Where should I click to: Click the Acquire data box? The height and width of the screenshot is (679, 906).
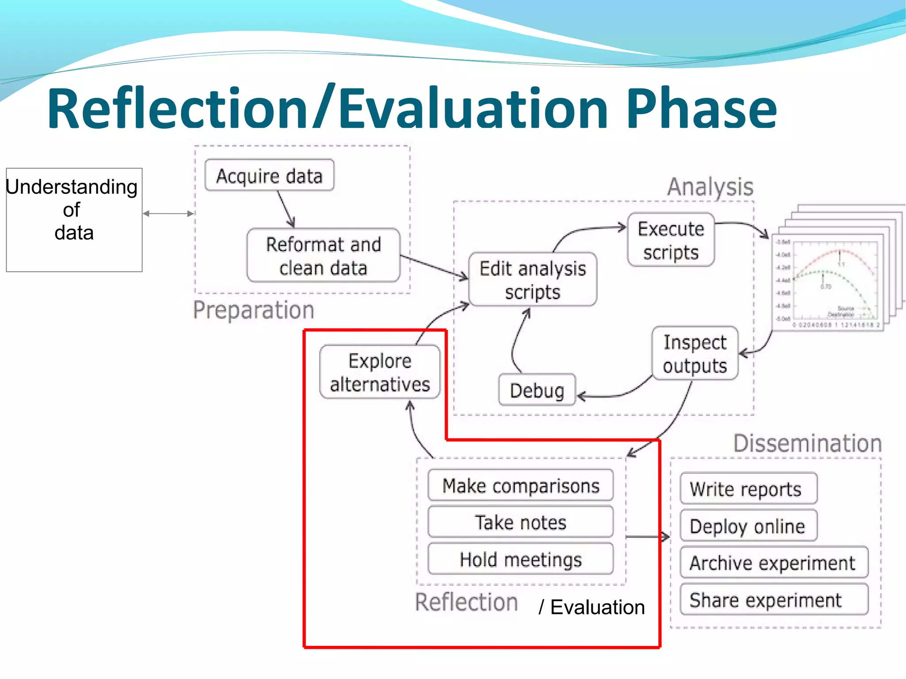269,176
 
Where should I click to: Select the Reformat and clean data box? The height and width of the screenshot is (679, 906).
323,256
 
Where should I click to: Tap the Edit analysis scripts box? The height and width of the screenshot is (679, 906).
533,280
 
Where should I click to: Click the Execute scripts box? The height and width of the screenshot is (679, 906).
671,240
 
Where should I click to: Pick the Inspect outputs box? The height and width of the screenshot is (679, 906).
695,353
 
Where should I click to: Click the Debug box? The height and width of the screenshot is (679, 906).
537,390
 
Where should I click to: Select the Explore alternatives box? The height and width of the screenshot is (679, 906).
380,372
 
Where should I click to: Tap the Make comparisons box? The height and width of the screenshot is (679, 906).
521,486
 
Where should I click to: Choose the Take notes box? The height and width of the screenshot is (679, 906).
521,522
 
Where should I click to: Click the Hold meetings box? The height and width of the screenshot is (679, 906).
521,559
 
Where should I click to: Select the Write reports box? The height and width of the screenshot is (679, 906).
748,489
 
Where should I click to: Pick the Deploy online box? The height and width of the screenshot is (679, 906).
748,526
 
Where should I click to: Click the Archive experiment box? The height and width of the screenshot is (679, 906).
774,563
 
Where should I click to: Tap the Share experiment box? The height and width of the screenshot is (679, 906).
774,600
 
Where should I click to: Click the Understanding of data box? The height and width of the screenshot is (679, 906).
74,219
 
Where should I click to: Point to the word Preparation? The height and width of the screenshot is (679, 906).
253,310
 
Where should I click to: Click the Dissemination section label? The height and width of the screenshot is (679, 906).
807,443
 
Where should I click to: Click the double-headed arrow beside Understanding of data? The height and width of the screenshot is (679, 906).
169,214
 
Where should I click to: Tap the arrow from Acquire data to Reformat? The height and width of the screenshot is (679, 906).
286,209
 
